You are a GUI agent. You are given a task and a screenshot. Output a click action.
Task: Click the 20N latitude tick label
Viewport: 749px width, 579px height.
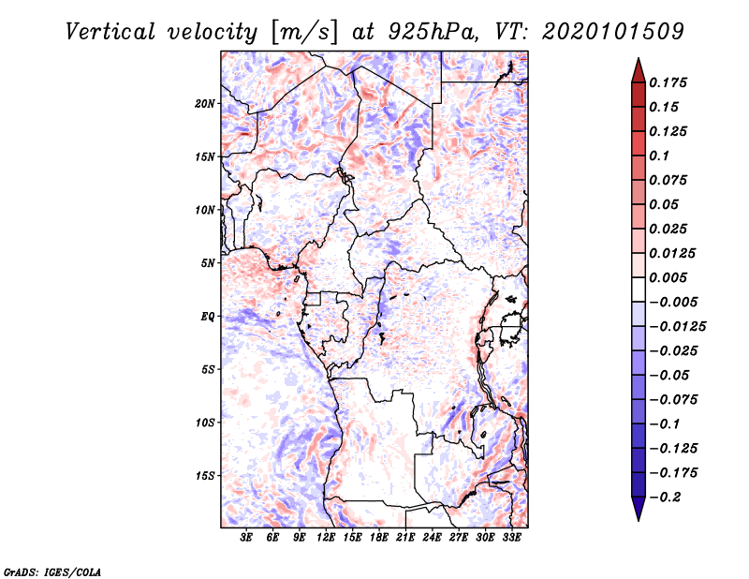tap(205, 103)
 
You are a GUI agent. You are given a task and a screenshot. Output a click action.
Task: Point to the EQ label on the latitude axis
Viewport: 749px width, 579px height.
tap(208, 317)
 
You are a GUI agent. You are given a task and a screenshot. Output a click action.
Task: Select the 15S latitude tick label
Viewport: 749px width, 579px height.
tap(205, 476)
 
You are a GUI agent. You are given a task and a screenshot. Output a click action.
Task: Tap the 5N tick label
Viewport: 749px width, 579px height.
tap(208, 263)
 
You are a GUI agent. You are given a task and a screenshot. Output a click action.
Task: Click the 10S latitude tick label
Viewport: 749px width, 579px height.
tap(205, 423)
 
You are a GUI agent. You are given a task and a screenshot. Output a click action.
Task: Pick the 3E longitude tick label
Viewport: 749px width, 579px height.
tap(247, 538)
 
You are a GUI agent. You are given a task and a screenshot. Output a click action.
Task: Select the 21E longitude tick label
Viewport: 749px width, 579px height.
tap(406, 538)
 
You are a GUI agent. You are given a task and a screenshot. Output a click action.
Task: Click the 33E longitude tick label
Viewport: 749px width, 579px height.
tap(512, 538)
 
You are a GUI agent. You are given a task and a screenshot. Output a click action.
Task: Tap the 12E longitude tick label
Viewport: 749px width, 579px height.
tap(327, 538)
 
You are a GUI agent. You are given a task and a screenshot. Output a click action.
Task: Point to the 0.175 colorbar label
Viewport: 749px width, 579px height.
tap(669, 82)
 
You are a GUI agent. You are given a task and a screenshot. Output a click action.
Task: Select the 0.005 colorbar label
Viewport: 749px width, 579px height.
tap(669, 278)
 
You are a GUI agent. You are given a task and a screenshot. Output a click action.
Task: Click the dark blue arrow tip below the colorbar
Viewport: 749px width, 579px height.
tap(637, 514)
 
